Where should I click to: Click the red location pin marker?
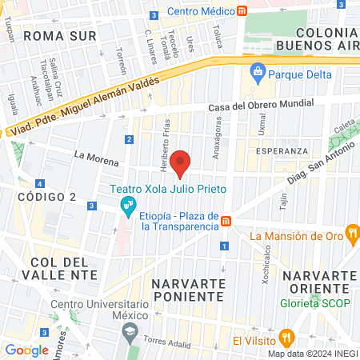coord(181,162)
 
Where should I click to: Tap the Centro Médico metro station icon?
coord(242,11)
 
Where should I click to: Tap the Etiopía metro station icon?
coord(226,220)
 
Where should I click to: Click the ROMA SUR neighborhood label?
coord(59,36)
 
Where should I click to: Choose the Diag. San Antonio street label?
coord(318,166)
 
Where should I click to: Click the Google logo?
coord(27,350)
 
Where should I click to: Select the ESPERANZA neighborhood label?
coord(277,150)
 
